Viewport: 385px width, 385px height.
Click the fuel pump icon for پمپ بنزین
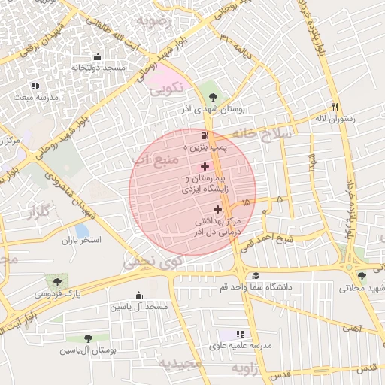[x=205, y=136]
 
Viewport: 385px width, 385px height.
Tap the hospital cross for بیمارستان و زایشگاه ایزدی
[x=205, y=165]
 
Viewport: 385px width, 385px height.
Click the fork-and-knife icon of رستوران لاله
[x=335, y=106]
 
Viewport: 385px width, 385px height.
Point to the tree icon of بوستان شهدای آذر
[x=213, y=95]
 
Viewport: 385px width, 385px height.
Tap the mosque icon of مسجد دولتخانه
[x=97, y=56]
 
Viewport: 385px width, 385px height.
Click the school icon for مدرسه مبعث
[x=35, y=86]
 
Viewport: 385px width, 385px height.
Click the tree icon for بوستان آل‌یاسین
[x=89, y=338]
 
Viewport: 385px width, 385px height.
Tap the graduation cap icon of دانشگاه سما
[x=256, y=275]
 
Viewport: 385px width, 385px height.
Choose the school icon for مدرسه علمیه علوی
[x=240, y=333]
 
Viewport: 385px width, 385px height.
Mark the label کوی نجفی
[x=151, y=263]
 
